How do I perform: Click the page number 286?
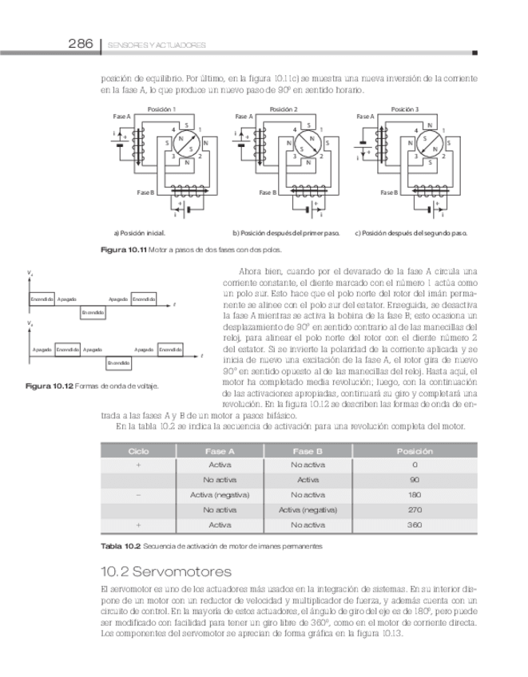pos(81,44)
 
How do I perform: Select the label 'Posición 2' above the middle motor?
pos(284,109)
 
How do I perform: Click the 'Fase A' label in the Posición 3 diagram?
pos(365,117)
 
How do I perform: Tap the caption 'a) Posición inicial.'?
pos(139,233)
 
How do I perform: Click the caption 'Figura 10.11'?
pos(122,251)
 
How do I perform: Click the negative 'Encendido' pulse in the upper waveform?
pos(93,311)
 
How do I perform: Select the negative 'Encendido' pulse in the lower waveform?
pos(119,362)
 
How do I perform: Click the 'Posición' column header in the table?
pos(415,451)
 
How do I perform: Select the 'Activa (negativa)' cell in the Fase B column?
pos(308,509)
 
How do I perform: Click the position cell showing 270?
pos(415,509)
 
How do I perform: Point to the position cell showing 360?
pos(415,525)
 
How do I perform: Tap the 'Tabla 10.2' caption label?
pos(119,547)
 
